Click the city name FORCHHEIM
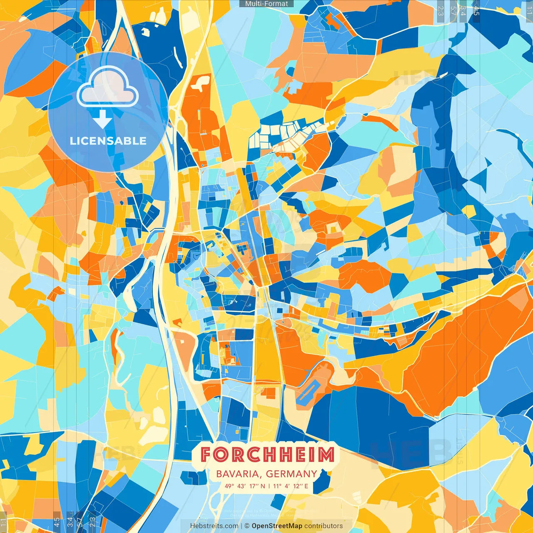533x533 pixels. click(x=267, y=455)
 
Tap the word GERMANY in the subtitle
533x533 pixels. click(x=291, y=474)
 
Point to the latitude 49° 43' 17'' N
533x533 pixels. click(x=245, y=486)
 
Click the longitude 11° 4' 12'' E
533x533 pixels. click(x=291, y=486)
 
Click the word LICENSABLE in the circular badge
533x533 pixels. click(x=108, y=141)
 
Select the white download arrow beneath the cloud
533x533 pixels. click(x=102, y=119)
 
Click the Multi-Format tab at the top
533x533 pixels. click(x=266, y=4)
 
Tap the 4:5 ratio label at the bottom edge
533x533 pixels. click(x=57, y=522)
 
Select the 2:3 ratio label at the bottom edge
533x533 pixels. click(x=92, y=522)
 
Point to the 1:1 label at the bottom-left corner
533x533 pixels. click(x=4, y=522)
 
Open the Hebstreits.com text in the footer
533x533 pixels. click(x=214, y=526)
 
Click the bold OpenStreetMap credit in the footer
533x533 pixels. click(x=277, y=526)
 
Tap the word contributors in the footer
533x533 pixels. click(x=324, y=526)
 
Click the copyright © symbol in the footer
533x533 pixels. click(x=247, y=526)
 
